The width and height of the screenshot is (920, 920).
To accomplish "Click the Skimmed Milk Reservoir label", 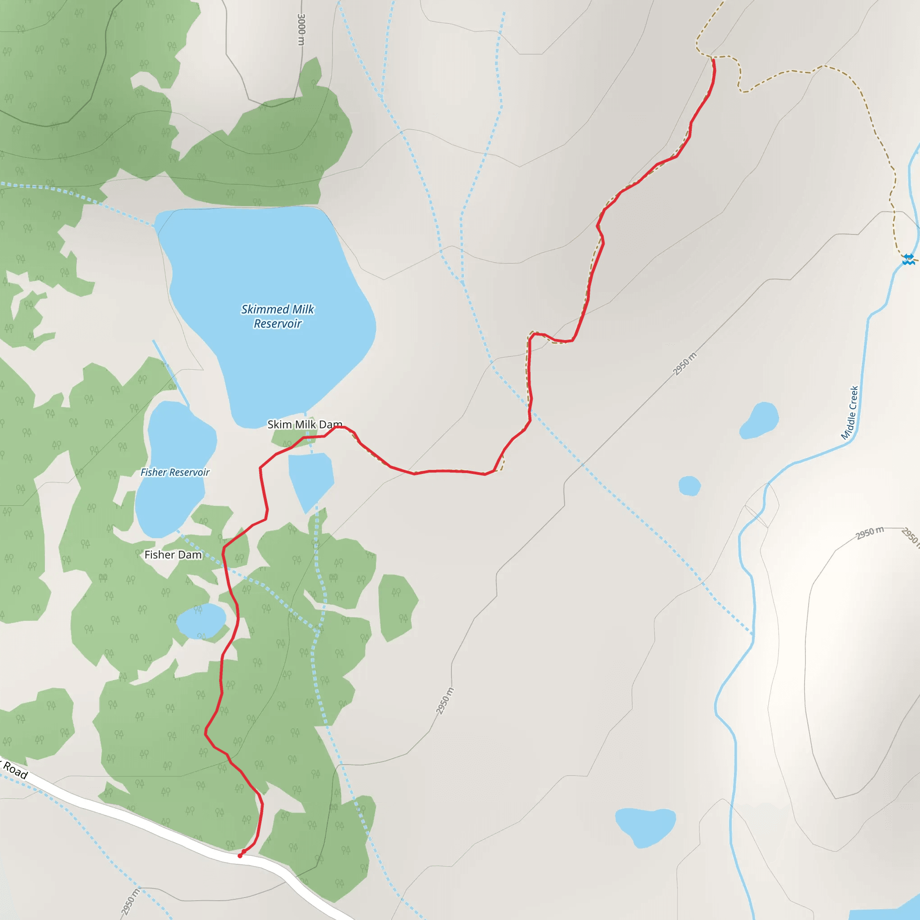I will click(278, 316).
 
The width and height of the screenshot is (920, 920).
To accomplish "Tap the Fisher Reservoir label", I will click(175, 473).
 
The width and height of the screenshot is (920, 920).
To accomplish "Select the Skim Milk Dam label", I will click(304, 424).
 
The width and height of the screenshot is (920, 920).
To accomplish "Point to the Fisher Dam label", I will click(173, 555).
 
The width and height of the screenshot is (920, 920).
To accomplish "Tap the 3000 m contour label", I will click(301, 30).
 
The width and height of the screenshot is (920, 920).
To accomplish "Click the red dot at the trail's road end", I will click(240, 856).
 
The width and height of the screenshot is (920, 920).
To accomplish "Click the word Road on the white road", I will click(16, 770).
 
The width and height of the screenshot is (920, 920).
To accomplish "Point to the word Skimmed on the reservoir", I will click(265, 310).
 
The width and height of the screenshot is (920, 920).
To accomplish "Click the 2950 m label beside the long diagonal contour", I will click(684, 364).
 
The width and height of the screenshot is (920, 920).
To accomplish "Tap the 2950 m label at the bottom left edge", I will click(129, 902).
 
